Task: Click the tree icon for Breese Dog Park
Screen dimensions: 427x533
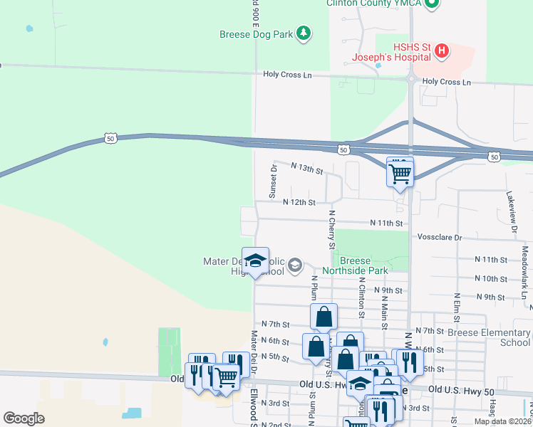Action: coord(304,33)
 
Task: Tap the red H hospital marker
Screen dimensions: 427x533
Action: coord(442,51)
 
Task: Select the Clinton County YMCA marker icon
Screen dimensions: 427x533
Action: coord(431,4)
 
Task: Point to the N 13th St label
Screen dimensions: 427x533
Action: coord(307,169)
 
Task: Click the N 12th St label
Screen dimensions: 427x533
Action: coord(299,202)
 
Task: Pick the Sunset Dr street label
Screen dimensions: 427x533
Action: coord(272,181)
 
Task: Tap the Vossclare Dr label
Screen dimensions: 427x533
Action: coord(440,236)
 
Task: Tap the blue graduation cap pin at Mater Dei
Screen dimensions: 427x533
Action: coord(255,261)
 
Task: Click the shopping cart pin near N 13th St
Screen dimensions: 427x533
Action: coord(400,172)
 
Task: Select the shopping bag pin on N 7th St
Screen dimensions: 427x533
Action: coord(324,317)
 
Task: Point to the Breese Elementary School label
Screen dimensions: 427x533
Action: coord(490,337)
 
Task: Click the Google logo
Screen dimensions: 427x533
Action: coord(24,418)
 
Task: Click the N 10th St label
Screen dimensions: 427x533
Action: coord(490,279)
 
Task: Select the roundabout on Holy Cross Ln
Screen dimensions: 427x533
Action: coord(411,79)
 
